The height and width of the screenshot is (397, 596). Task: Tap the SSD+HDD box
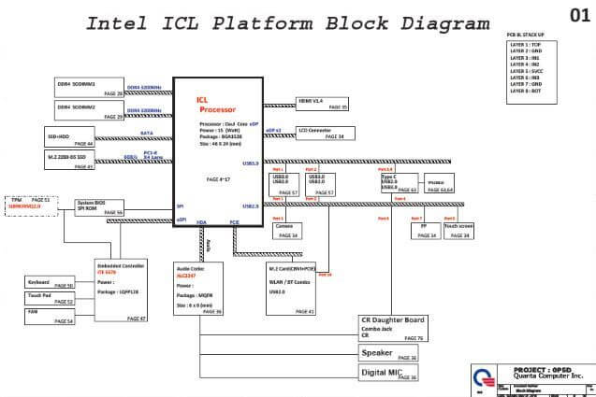tap(70, 138)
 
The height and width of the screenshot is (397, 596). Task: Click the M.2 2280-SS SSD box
tap(70, 161)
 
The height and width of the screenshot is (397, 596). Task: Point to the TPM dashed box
tap(31, 205)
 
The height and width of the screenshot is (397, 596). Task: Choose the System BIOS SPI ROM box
tap(99, 208)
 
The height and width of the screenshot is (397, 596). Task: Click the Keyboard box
tap(50, 281)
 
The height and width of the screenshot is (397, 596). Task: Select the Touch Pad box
tap(50, 298)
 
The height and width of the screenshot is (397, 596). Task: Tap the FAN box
tap(50, 317)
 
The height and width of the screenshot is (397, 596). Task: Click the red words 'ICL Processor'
tap(211, 105)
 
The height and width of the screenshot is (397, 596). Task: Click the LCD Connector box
tap(321, 134)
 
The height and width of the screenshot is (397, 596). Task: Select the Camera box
tap(285, 231)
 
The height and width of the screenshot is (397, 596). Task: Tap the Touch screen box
tap(458, 230)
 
